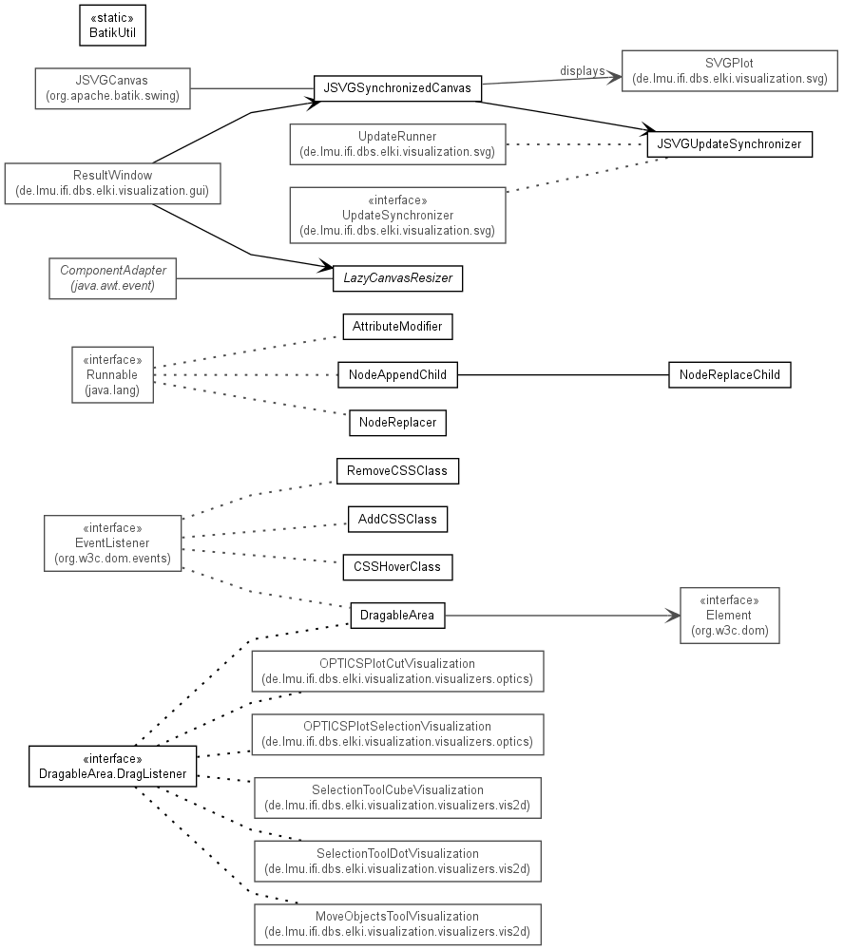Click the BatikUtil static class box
(x=113, y=26)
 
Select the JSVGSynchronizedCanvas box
(x=397, y=88)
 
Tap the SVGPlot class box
(x=729, y=71)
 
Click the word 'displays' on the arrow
(x=582, y=71)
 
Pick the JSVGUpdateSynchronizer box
(x=729, y=144)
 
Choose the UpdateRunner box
(x=397, y=144)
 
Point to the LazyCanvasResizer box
(x=397, y=278)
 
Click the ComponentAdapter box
(x=113, y=278)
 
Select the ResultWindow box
(x=113, y=183)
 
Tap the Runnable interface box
(x=113, y=375)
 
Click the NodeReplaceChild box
(x=729, y=375)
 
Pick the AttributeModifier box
(x=397, y=327)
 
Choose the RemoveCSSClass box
(x=397, y=471)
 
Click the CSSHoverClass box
(x=397, y=567)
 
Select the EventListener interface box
(x=113, y=543)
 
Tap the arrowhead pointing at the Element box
(x=673, y=616)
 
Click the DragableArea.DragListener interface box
(x=113, y=767)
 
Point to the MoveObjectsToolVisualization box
(x=397, y=924)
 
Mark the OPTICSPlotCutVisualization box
(x=397, y=672)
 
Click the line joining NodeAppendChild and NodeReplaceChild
(x=564, y=375)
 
